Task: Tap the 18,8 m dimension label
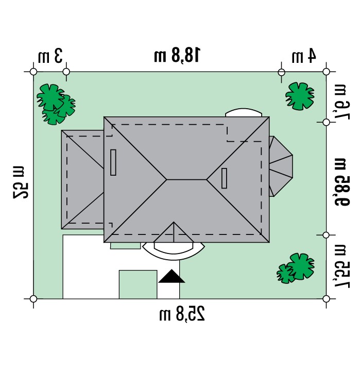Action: [177, 56]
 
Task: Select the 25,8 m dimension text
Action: [182, 314]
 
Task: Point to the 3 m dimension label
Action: [50, 56]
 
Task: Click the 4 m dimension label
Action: [304, 56]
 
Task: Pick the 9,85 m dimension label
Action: [342, 182]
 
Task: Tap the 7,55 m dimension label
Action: [342, 266]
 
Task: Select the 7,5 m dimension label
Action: [342, 102]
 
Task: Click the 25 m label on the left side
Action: [21, 182]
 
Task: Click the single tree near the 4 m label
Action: [300, 96]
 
